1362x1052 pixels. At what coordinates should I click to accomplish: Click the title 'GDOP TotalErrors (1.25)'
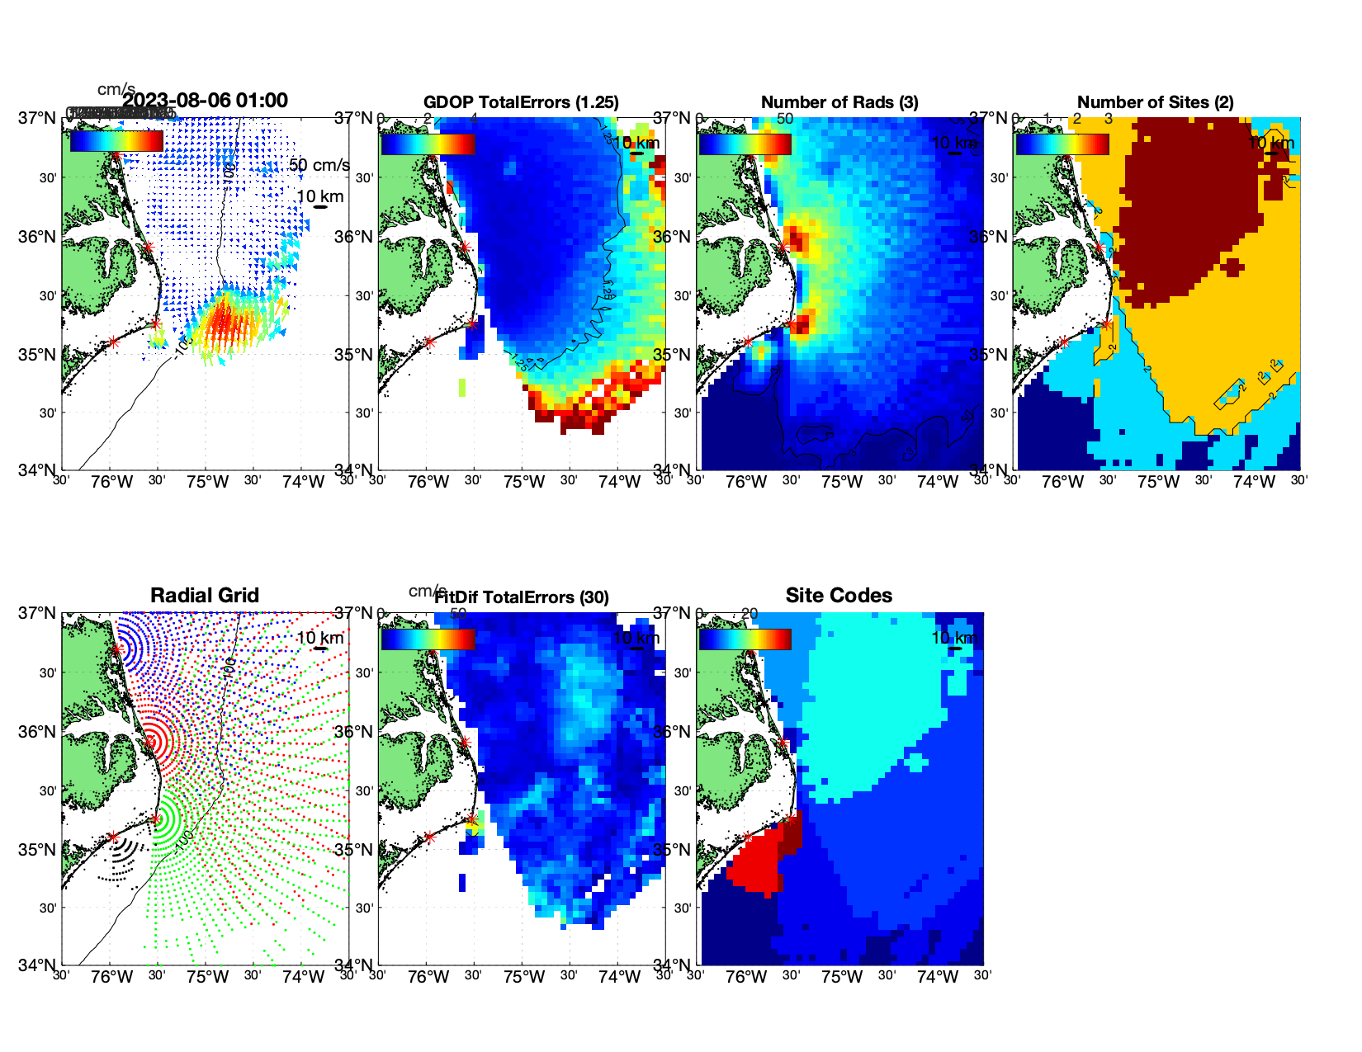521,102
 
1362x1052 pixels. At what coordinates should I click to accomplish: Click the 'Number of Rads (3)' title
839,102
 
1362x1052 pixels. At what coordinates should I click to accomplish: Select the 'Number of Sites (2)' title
1155,102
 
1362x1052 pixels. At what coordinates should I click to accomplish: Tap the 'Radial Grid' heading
205,596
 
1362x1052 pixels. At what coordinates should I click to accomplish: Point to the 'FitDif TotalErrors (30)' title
522,597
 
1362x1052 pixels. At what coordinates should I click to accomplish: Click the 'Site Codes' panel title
839,596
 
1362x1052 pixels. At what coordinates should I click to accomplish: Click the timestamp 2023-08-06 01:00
206,101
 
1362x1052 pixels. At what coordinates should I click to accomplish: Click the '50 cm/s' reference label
319,165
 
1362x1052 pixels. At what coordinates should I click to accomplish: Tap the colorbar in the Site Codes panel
745,639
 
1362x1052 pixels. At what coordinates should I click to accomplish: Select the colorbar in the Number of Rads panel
745,144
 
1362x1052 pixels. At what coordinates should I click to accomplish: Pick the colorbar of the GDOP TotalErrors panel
428,144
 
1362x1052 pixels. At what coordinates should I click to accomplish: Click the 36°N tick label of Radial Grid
37,732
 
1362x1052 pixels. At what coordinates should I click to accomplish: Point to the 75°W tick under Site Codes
842,978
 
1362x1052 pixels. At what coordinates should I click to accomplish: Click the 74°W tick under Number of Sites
1254,483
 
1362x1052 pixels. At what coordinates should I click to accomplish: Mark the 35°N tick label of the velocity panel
37,355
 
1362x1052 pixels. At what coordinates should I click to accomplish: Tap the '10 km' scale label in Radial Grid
319,638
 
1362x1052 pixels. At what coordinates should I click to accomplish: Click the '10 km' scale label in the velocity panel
319,196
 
